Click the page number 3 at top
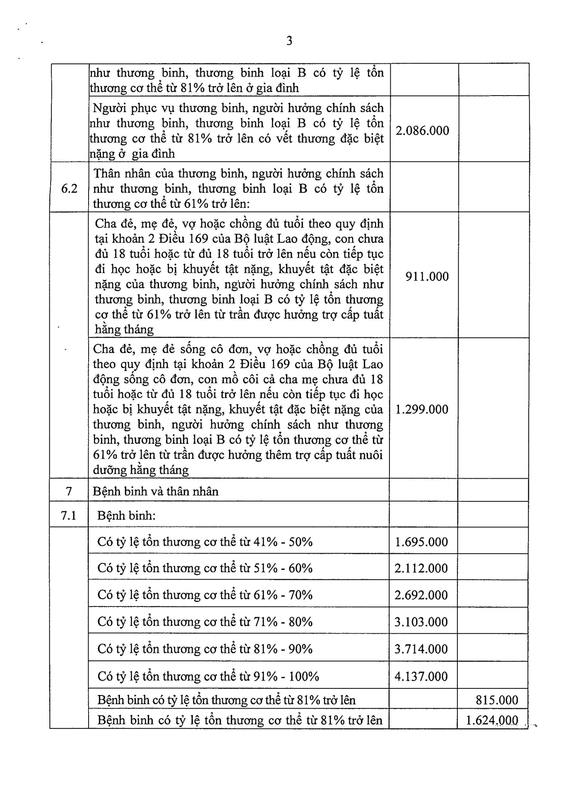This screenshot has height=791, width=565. (289, 41)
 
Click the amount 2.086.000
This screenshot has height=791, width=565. (422, 131)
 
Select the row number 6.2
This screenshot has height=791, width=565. (69, 189)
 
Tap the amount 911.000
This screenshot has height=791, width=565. (427, 276)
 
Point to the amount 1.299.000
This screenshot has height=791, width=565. (422, 409)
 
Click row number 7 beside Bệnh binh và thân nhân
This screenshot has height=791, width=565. (69, 491)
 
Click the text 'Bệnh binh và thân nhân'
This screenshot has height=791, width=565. (155, 491)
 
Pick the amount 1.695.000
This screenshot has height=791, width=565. (421, 542)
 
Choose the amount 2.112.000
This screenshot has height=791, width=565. (421, 569)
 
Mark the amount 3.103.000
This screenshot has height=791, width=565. (421, 622)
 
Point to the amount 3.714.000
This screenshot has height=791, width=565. (421, 649)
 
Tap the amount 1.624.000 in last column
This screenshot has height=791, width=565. (492, 720)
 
